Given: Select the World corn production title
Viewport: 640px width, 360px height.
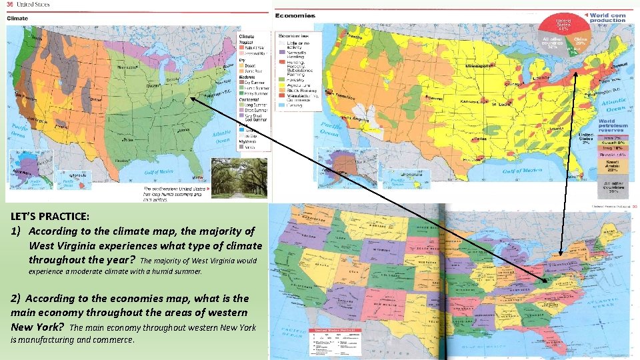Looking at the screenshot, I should [607, 17].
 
